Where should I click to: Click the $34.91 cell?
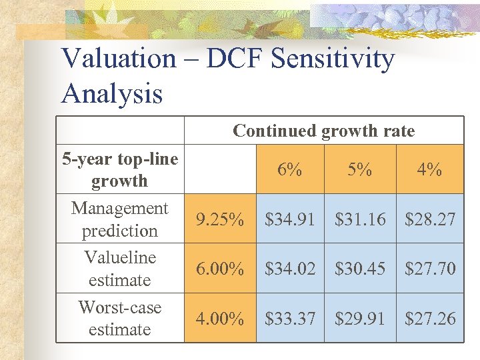click(290, 219)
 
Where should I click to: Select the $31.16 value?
click(360, 219)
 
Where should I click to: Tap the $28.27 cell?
click(430, 219)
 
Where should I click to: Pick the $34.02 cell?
click(290, 269)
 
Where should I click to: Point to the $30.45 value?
click(360, 269)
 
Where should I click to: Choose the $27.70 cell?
click(430, 269)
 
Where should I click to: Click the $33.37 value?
click(290, 319)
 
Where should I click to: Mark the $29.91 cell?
click(360, 319)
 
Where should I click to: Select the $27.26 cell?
click(430, 319)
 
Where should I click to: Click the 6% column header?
click(290, 170)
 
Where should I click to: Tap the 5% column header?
click(360, 170)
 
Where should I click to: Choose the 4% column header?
click(430, 170)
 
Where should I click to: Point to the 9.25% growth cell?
click(219, 219)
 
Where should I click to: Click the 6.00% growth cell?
click(219, 269)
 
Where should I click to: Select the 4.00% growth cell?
click(219, 319)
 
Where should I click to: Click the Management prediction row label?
click(120, 219)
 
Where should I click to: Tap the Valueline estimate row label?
click(120, 269)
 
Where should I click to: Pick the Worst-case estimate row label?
click(120, 318)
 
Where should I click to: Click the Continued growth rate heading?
click(323, 131)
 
